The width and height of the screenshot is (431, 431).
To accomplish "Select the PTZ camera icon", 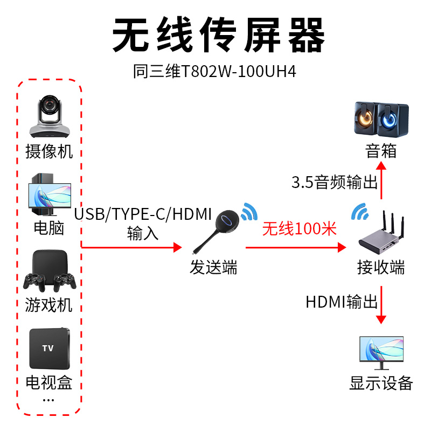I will pyautogui.click(x=49, y=116).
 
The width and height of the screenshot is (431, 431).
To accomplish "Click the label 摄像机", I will pyautogui.click(x=49, y=151).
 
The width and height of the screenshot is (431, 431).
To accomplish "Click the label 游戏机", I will pyautogui.click(x=49, y=305).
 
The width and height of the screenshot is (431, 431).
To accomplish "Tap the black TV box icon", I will pyautogui.click(x=49, y=347).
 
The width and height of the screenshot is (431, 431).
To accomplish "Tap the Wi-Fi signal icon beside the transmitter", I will pyautogui.click(x=248, y=212).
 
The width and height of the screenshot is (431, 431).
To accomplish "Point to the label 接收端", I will pyautogui.click(x=381, y=267).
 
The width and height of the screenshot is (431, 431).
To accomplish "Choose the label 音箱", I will pyautogui.click(x=381, y=151).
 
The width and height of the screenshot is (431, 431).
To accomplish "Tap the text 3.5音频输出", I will pyautogui.click(x=334, y=183).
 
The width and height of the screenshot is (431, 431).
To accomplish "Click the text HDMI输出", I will pyautogui.click(x=342, y=302).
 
